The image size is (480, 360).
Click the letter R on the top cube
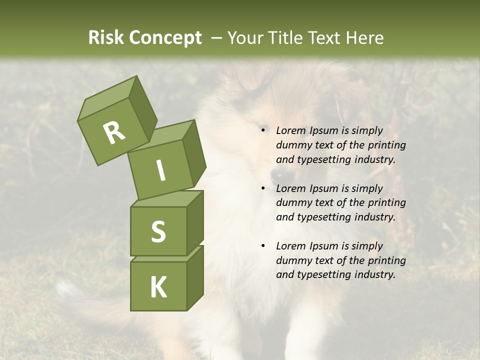(114, 133)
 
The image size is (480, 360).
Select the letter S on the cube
(158, 231)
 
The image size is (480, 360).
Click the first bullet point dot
(263, 130)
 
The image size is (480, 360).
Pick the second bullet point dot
(263, 188)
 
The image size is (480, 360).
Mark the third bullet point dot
(263, 246)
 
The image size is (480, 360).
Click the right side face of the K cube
(195, 277)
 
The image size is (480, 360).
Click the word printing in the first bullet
(387, 145)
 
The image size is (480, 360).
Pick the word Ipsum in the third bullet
(323, 246)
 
